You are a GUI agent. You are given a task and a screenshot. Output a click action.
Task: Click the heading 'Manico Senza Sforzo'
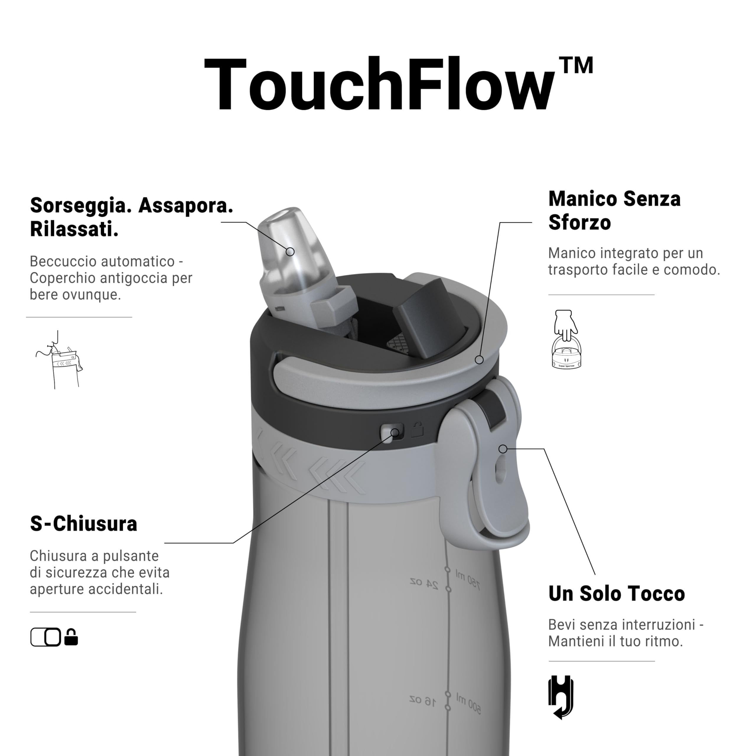click(614, 211)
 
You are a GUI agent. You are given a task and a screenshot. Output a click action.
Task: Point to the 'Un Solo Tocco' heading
click(616, 594)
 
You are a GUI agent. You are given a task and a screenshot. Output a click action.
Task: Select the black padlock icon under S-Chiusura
click(71, 637)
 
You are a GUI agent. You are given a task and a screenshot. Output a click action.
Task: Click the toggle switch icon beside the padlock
click(46, 637)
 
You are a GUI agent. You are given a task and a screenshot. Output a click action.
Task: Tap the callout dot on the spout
click(290, 252)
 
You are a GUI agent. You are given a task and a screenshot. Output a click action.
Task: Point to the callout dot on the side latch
click(503, 449)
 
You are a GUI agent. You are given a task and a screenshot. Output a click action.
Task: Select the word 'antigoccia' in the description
click(139, 278)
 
